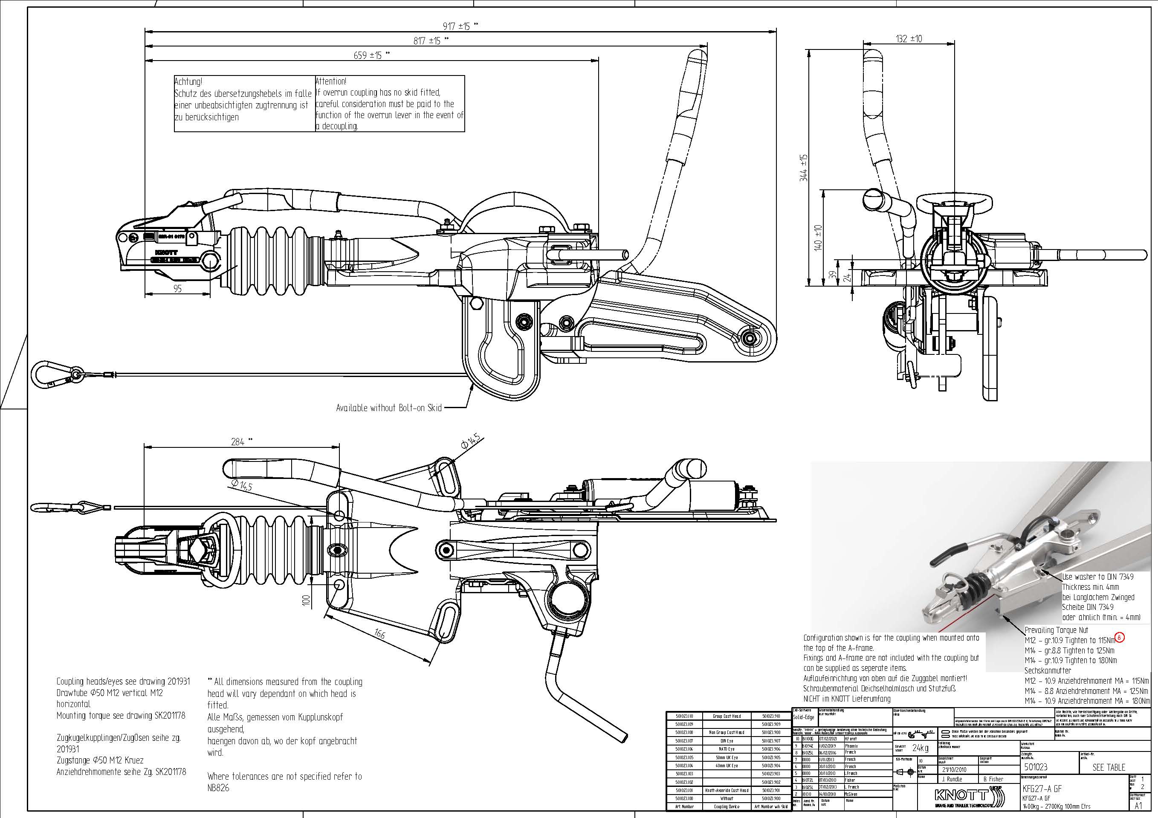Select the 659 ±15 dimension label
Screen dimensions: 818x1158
click(x=368, y=55)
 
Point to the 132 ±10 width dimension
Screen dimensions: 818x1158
click(x=909, y=39)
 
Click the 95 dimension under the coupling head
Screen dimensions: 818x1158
click(x=177, y=289)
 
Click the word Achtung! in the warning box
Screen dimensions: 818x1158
click(x=188, y=81)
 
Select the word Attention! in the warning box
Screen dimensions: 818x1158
click(x=331, y=81)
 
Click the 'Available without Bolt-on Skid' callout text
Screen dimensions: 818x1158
click(x=389, y=408)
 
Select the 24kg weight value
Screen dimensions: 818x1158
click(x=921, y=748)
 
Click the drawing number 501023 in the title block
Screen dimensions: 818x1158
click(x=1036, y=767)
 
